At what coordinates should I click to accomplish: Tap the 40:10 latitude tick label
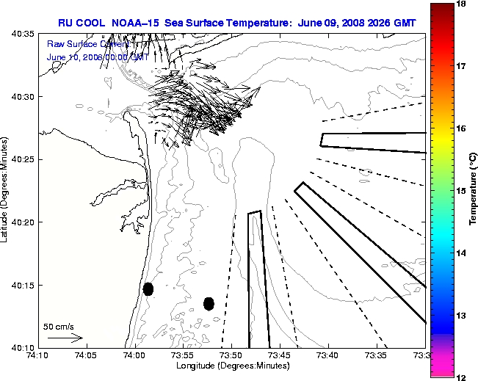click(x=22, y=347)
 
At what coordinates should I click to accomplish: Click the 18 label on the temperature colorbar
click(x=463, y=4)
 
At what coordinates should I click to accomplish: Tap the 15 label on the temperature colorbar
click(x=463, y=191)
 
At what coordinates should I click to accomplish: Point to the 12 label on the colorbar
click(x=463, y=377)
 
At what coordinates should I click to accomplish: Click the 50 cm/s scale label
click(x=59, y=326)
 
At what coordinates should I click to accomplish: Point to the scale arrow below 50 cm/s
click(x=65, y=338)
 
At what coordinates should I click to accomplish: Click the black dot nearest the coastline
click(x=148, y=289)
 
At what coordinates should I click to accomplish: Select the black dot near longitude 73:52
click(x=209, y=303)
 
